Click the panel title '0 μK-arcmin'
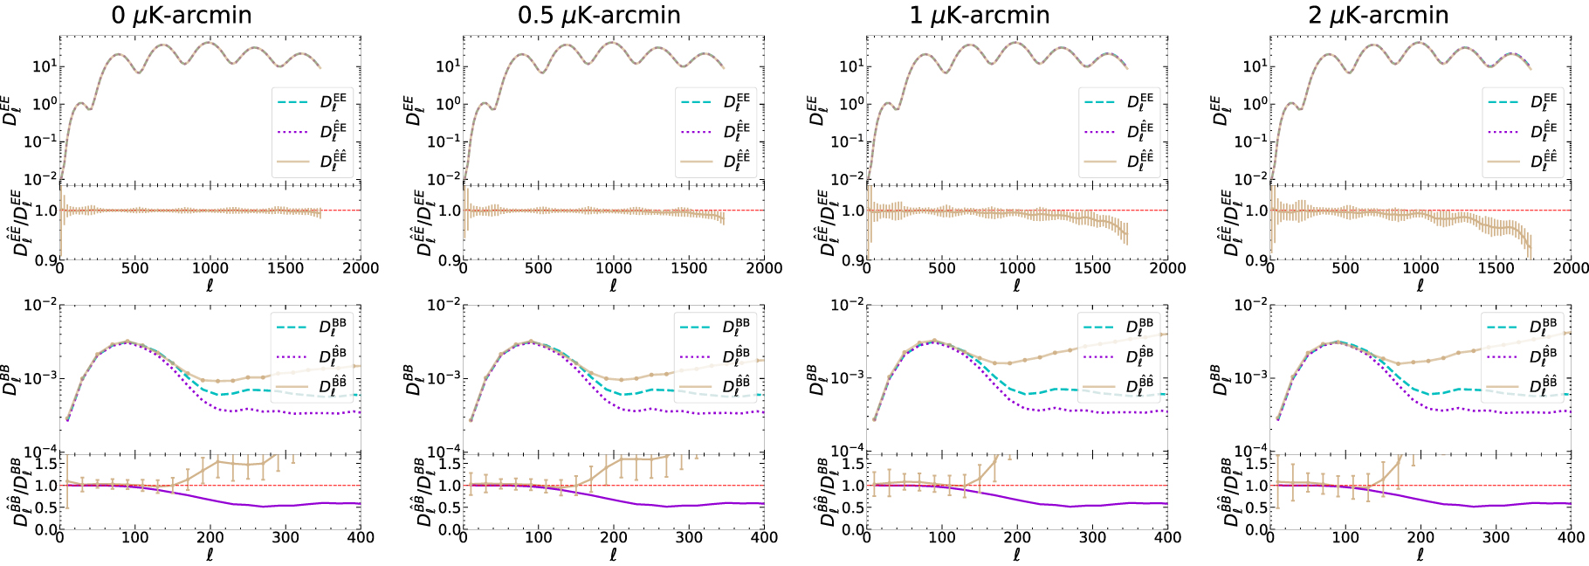tap(182, 16)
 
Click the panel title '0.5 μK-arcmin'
tap(599, 16)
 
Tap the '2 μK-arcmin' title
tap(1379, 16)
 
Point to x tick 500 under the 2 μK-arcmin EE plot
tap(1345, 268)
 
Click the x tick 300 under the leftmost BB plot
tap(285, 537)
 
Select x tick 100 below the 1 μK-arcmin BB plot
tap(941, 537)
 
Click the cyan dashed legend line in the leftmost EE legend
tap(293, 102)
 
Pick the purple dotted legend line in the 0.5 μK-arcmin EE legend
tap(697, 132)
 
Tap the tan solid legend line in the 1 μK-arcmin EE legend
tap(1100, 162)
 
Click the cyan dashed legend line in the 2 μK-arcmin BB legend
tap(1503, 328)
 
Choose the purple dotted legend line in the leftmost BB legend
tap(292, 356)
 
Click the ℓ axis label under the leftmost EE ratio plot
tap(210, 285)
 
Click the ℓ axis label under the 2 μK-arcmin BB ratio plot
tap(1420, 555)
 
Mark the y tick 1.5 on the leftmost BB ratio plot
tap(46, 463)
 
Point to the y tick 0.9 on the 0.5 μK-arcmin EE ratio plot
tap(450, 260)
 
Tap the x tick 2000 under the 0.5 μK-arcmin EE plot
tap(764, 268)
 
